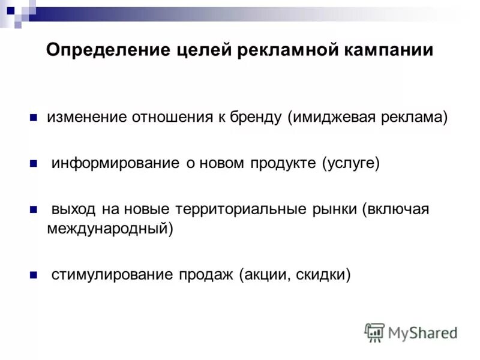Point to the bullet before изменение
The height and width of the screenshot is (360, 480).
(34, 116)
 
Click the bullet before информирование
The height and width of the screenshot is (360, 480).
(34, 163)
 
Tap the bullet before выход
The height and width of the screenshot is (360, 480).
(34, 209)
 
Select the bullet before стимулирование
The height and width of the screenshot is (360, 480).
(34, 274)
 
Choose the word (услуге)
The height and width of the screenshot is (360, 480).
(350, 163)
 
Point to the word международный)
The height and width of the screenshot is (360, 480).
(110, 229)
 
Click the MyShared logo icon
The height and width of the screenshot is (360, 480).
(375, 332)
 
